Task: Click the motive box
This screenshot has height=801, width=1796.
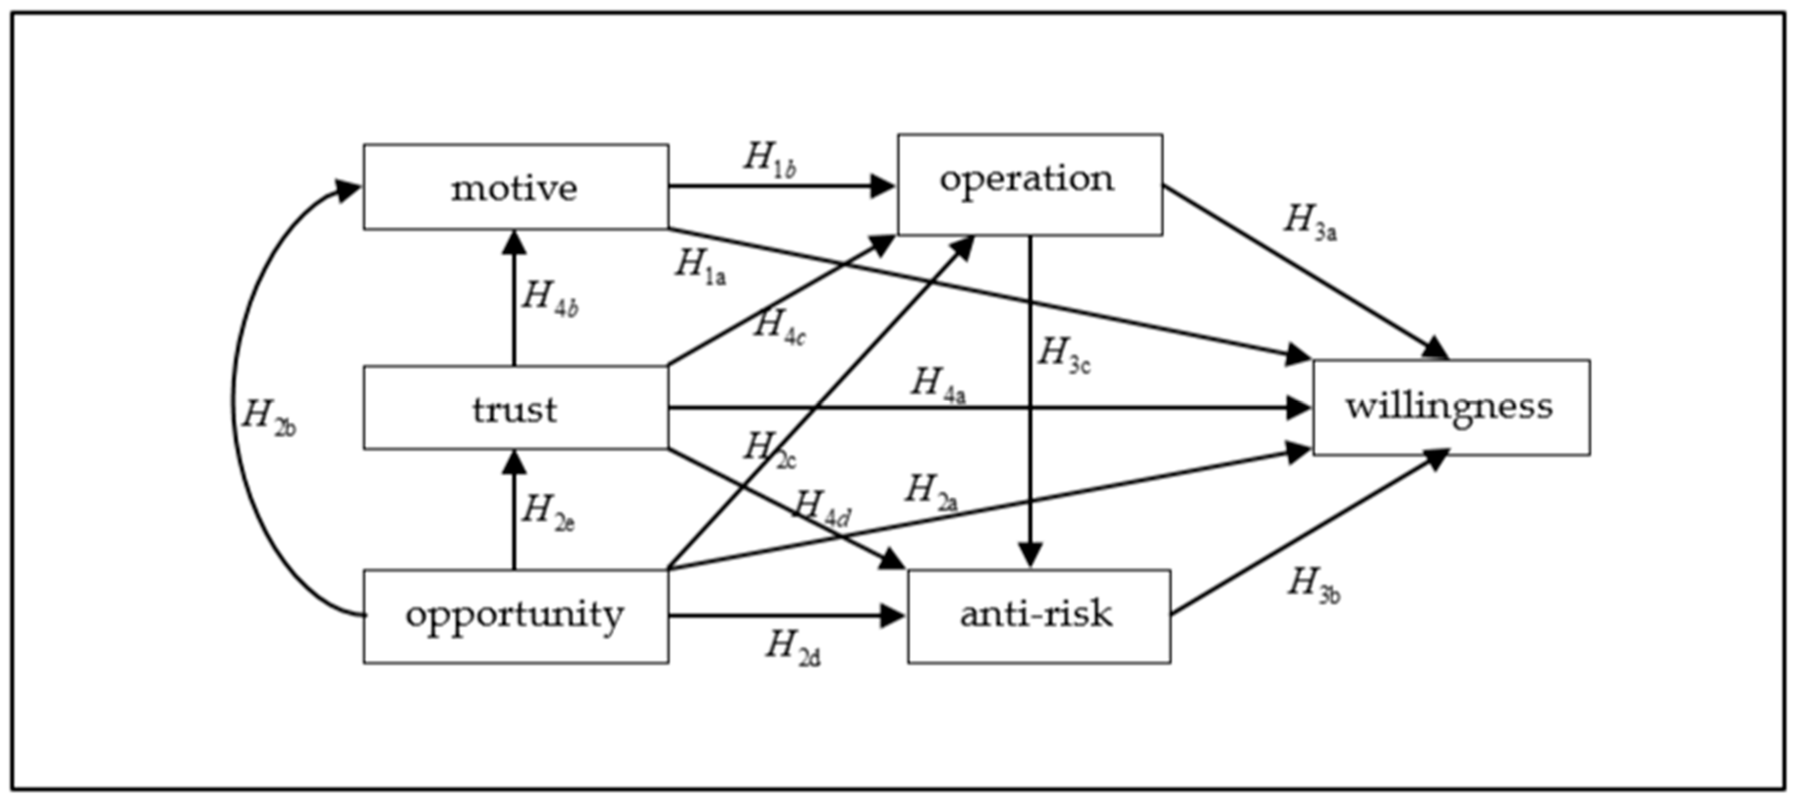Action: pos(515,187)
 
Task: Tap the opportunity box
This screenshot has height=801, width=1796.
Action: pos(515,615)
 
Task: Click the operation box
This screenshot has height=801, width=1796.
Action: pos(1029,184)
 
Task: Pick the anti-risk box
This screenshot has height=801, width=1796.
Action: pos(1038,615)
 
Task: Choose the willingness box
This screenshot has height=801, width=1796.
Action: pos(1450,407)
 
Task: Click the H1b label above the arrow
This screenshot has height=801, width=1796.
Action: pos(769,160)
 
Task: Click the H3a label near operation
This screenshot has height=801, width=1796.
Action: pos(1309,223)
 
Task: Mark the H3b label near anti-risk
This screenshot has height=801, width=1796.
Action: pos(1313,585)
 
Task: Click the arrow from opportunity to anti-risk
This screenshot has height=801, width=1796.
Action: pos(781,615)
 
